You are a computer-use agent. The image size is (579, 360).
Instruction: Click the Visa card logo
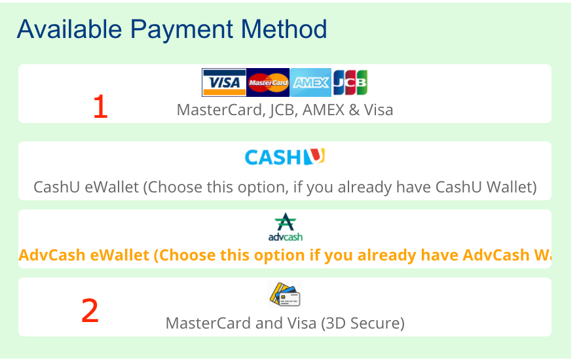[224, 82]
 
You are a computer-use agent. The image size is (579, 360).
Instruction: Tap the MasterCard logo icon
[268, 82]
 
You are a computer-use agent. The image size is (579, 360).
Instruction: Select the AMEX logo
[310, 82]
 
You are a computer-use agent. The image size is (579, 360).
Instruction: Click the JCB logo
[350, 82]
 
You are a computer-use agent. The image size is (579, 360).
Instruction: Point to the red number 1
[100, 107]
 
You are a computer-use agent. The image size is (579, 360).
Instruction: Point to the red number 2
[90, 311]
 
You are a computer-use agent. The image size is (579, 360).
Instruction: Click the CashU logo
[285, 156]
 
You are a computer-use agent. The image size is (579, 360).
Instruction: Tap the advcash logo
[286, 227]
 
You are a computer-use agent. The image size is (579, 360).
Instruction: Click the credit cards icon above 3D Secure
[285, 295]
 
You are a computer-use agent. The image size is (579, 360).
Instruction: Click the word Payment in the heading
[181, 29]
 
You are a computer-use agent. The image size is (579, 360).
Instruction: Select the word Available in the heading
[69, 29]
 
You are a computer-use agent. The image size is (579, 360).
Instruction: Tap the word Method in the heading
[284, 29]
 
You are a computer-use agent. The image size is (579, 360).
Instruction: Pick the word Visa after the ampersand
[379, 110]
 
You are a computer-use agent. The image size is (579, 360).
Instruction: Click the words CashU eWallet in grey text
[86, 187]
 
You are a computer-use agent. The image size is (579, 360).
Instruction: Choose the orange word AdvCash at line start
[52, 255]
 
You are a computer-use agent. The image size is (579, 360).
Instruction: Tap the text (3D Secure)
[363, 323]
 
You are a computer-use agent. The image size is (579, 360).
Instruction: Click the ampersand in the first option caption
[354, 110]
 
